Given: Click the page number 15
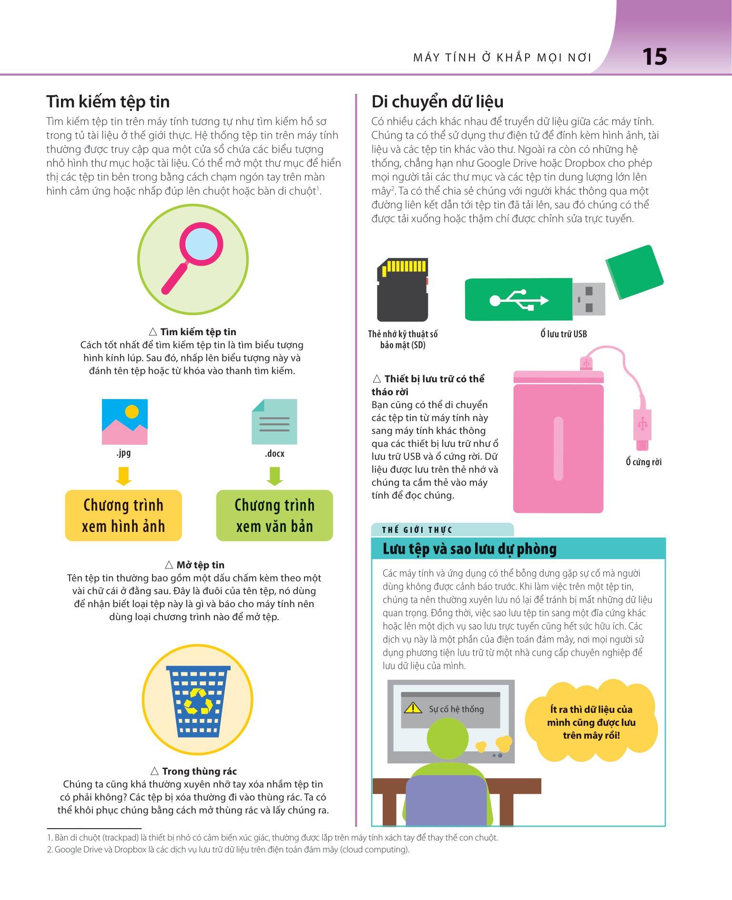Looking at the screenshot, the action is (655, 57).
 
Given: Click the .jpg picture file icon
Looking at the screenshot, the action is (125, 422).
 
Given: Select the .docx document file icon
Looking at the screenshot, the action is (274, 422).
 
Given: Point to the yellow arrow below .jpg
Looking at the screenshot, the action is (123, 476).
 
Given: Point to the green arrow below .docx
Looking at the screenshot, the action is (274, 476).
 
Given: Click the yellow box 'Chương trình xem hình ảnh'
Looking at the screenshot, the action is (123, 515).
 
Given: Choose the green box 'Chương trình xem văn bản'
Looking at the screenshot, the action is (274, 515).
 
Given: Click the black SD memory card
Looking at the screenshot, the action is (403, 290).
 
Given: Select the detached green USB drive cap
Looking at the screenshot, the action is (635, 272).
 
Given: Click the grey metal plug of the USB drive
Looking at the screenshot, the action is (589, 299).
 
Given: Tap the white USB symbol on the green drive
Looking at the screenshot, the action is (519, 300).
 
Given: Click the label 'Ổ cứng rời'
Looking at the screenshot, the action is (644, 462).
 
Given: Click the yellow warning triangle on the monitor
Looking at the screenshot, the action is (413, 708).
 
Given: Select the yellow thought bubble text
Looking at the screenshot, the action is (591, 722).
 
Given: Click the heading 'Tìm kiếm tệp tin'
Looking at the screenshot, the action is (108, 102).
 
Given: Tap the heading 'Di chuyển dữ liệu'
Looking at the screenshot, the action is (437, 102).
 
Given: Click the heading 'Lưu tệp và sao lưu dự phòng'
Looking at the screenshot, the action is (469, 549).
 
